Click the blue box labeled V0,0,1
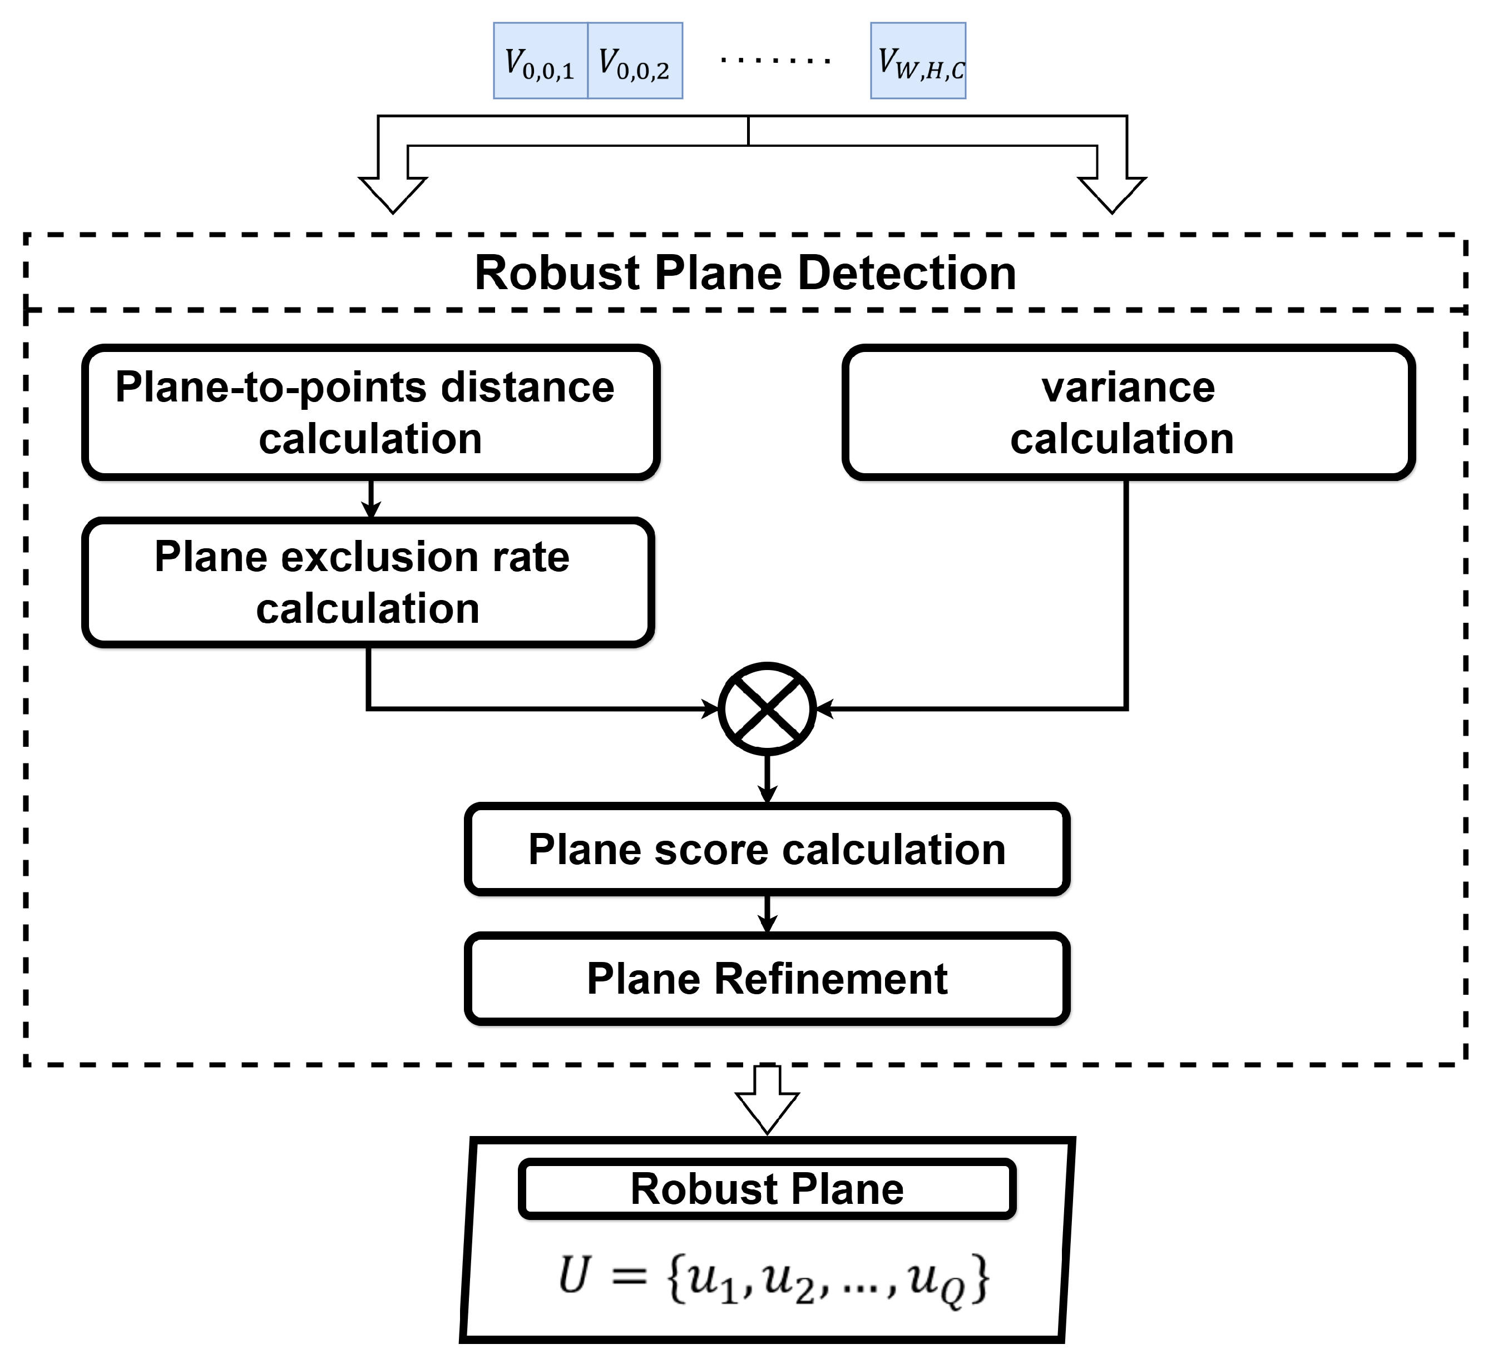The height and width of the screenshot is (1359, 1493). [x=541, y=61]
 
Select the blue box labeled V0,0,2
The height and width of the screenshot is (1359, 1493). [x=635, y=61]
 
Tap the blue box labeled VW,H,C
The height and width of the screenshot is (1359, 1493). [x=918, y=61]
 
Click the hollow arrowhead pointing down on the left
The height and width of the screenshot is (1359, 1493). [x=393, y=194]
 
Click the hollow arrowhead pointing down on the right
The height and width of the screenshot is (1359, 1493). [x=1111, y=194]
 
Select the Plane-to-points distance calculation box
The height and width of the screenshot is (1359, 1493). [x=370, y=412]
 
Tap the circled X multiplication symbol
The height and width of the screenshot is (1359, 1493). [x=767, y=708]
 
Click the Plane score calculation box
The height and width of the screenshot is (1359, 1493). [x=767, y=849]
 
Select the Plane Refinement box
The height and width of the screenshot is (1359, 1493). [x=767, y=979]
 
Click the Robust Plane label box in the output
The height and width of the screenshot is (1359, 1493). [x=767, y=1189]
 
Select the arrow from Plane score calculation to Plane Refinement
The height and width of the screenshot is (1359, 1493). [x=767, y=914]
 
